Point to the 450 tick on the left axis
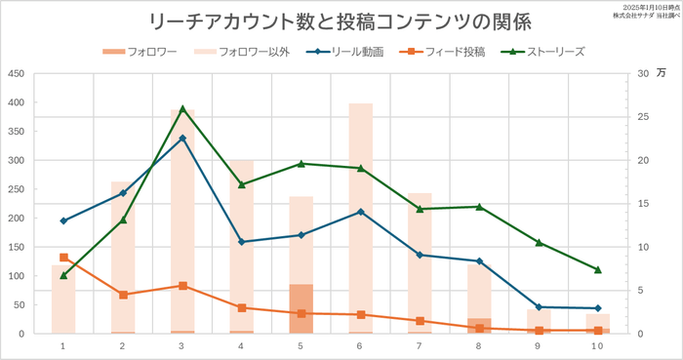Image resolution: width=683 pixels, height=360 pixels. [x=17, y=73]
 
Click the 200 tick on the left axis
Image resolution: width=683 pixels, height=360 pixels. [x=17, y=218]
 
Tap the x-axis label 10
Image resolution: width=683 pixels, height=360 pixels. [x=598, y=346]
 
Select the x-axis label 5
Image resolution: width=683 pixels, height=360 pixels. [x=301, y=346]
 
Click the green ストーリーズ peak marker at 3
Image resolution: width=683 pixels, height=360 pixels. [x=182, y=108]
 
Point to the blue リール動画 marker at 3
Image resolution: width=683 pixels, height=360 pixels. [x=182, y=139]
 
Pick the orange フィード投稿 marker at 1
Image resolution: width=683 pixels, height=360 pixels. [x=63, y=258]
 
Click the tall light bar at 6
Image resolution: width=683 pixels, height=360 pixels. [x=361, y=195]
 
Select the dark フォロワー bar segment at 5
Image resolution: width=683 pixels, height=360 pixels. [x=301, y=308]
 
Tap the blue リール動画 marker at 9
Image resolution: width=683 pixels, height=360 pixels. [x=539, y=307]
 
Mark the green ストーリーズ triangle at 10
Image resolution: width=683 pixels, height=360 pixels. [x=598, y=269]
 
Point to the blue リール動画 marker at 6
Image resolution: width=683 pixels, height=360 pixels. [x=361, y=212]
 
